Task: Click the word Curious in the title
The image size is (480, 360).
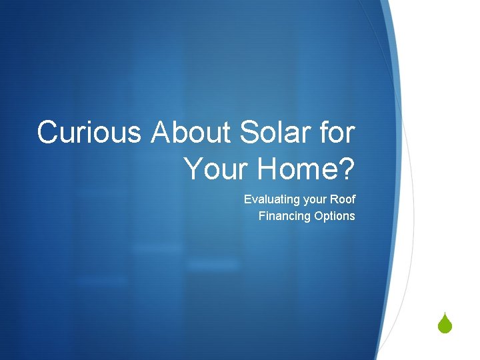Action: coord(89,132)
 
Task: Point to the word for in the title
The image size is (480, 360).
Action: coord(338,132)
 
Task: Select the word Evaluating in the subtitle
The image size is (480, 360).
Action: coord(269,199)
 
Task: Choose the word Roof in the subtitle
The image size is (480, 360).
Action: coord(343,199)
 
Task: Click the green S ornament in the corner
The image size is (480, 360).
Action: coord(446,325)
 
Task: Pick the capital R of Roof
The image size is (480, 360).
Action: coord(335,199)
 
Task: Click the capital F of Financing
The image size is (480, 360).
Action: coord(262,216)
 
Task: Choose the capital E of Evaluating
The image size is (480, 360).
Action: coord(247,199)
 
